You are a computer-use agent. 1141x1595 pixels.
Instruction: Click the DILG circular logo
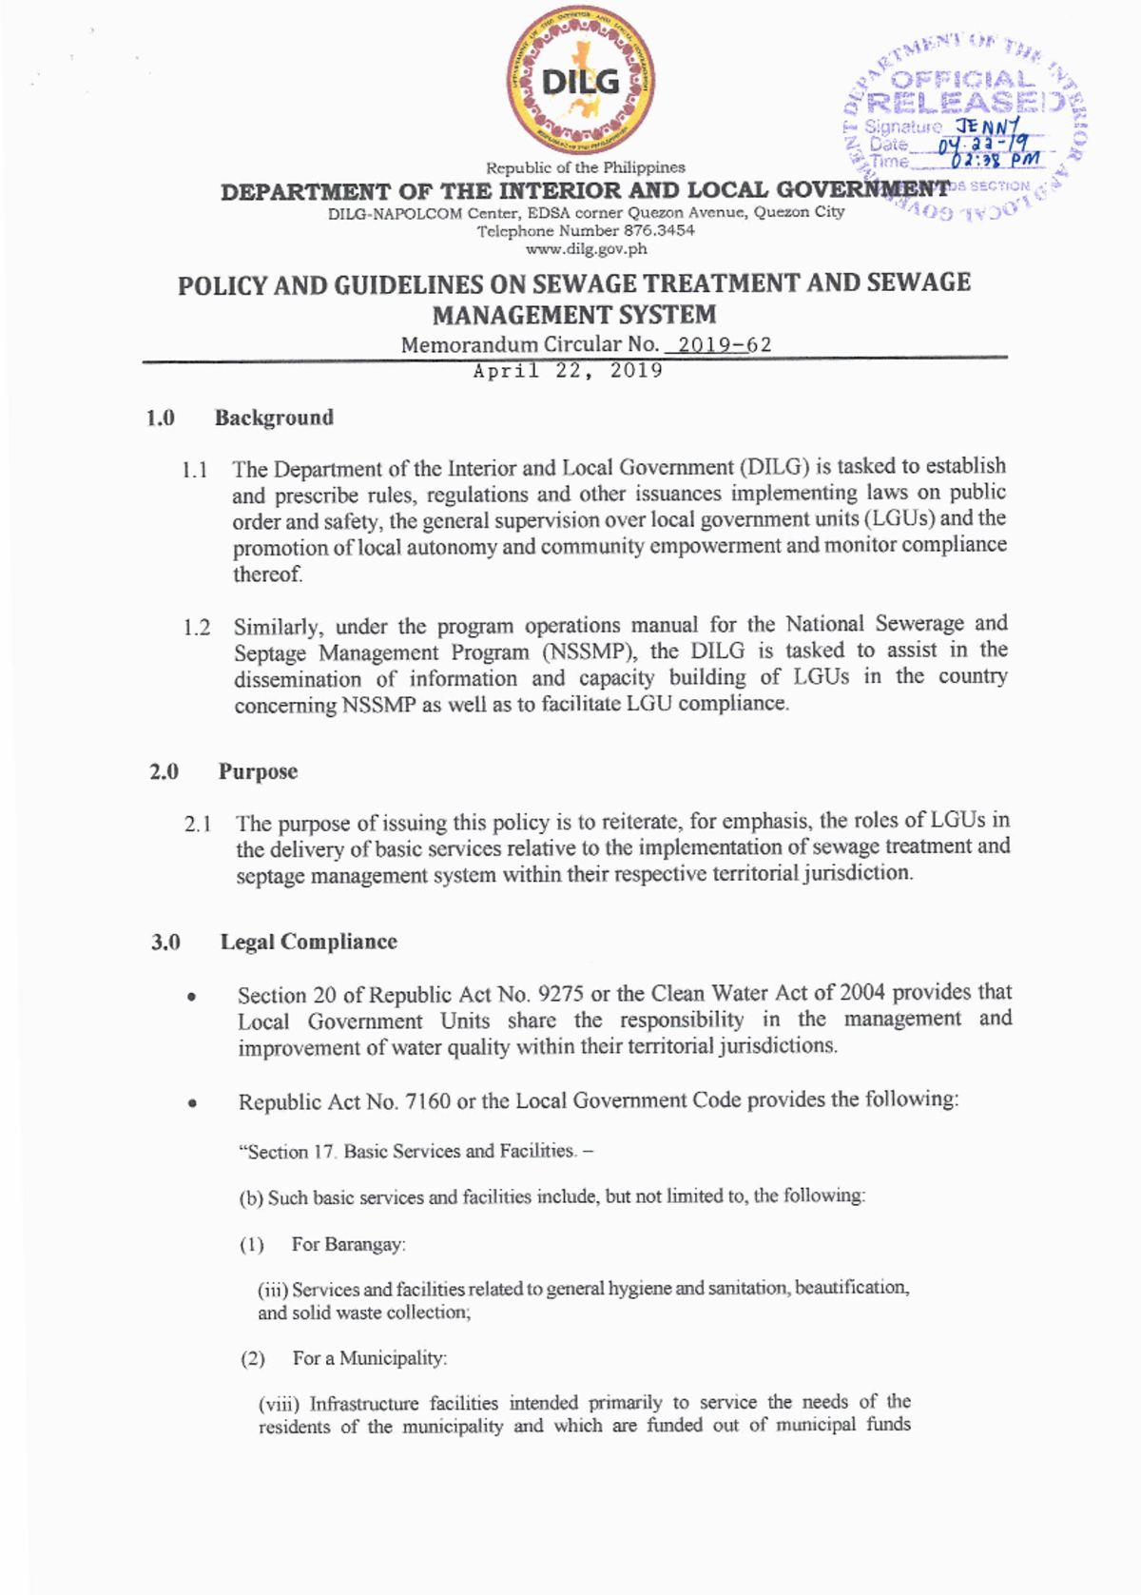[579, 81]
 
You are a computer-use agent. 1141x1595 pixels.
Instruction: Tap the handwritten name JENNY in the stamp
[988, 126]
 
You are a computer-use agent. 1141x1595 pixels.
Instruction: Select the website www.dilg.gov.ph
[586, 249]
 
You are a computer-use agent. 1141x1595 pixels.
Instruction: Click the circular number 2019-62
[724, 344]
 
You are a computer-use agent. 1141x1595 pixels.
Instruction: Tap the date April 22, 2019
[568, 371]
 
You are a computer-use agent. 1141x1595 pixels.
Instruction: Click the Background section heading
[274, 418]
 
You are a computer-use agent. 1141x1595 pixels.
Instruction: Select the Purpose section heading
[258, 771]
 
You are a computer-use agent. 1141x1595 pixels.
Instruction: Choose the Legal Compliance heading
[308, 942]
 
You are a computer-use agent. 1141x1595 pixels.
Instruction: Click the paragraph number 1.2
[196, 628]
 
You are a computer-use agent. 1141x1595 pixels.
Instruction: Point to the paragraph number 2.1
[198, 824]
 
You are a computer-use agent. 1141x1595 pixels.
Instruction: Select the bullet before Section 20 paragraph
[192, 998]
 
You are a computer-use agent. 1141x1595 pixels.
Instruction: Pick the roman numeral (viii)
[280, 1404]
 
